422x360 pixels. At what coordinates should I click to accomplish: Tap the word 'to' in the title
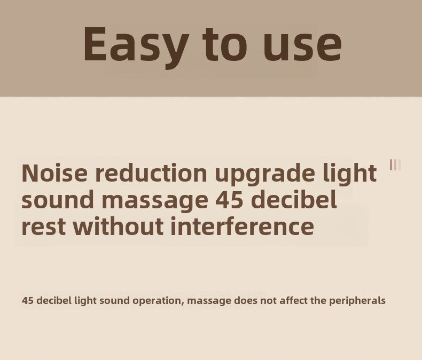(x=225, y=44)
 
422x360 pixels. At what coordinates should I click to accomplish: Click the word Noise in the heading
(x=54, y=173)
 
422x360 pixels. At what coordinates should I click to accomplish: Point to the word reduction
(x=151, y=173)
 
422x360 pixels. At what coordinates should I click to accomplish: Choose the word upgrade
(x=264, y=175)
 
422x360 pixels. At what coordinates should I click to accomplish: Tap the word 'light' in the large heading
(x=349, y=174)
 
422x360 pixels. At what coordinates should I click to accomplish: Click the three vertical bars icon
(x=395, y=165)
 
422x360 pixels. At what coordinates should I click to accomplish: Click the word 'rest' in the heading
(x=43, y=226)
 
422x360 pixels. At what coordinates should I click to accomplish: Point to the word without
(x=119, y=226)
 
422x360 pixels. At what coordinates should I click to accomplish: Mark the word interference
(x=243, y=226)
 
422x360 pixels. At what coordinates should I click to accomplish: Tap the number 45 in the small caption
(x=27, y=300)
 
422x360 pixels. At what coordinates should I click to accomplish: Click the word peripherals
(x=357, y=301)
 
